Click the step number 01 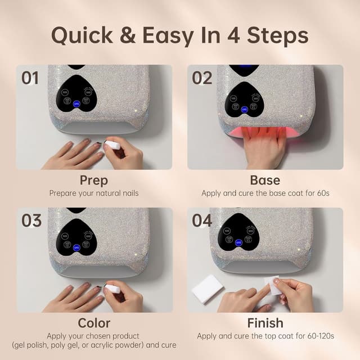(30, 78)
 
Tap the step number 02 (202, 78)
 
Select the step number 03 (31, 220)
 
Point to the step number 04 (202, 220)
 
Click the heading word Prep (93, 181)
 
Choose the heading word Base (265, 181)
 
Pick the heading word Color (93, 323)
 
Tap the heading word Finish (265, 323)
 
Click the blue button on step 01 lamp (76, 103)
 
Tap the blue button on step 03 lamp (76, 246)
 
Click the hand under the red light (264, 147)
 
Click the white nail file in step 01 (112, 145)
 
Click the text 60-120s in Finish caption (317, 336)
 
